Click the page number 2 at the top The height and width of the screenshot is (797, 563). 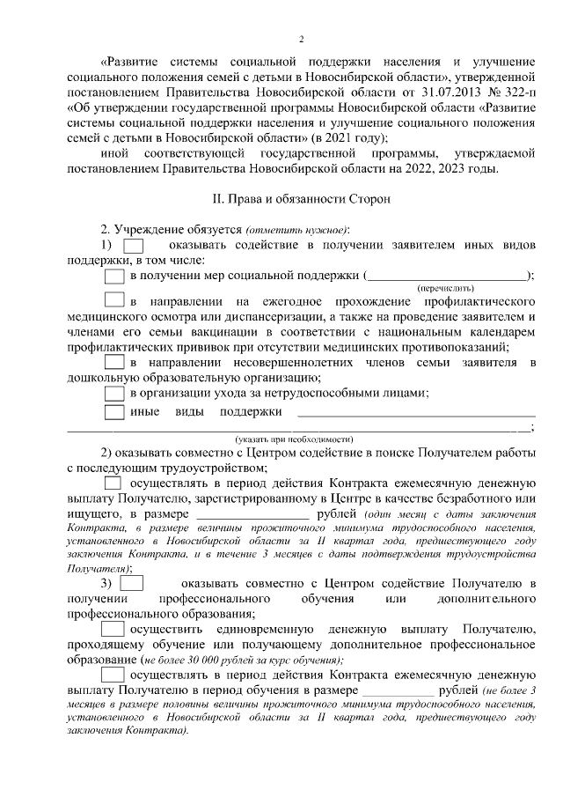click(x=301, y=39)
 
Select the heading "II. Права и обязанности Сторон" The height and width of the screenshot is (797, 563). click(x=301, y=200)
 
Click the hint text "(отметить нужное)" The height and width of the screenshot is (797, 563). click(x=286, y=227)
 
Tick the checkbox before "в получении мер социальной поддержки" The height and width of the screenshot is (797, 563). click(x=114, y=276)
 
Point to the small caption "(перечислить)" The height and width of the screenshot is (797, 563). click(x=446, y=288)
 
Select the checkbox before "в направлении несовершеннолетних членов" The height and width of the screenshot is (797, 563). click(x=114, y=362)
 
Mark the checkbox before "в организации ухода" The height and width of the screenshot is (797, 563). click(x=114, y=393)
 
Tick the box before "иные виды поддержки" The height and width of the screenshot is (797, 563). click(x=114, y=411)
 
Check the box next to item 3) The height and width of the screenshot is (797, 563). click(x=132, y=583)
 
